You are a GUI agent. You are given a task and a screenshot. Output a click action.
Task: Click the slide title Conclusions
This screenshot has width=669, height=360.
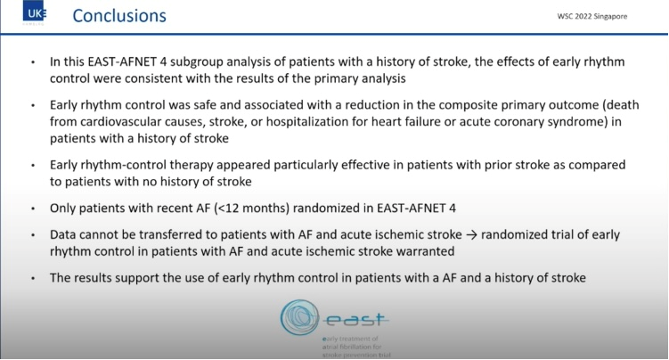(118, 16)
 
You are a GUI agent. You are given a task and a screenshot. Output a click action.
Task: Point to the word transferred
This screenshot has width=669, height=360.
(167, 234)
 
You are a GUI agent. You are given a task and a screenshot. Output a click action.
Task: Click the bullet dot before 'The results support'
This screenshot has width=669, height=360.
(33, 277)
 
